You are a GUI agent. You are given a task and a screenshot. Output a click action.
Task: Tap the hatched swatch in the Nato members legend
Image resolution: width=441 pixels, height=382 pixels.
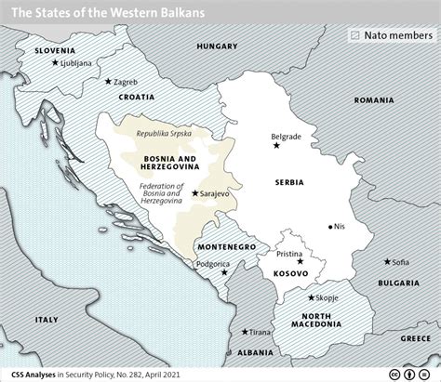click(354, 34)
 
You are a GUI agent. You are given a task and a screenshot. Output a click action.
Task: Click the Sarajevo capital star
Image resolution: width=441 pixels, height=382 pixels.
click(194, 193)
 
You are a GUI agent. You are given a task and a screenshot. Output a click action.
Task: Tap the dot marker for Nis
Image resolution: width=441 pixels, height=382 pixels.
click(332, 226)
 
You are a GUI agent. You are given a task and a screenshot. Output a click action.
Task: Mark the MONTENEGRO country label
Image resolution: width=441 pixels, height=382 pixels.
click(226, 247)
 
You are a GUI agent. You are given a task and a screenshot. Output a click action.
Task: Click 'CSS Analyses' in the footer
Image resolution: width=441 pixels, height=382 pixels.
click(36, 372)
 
